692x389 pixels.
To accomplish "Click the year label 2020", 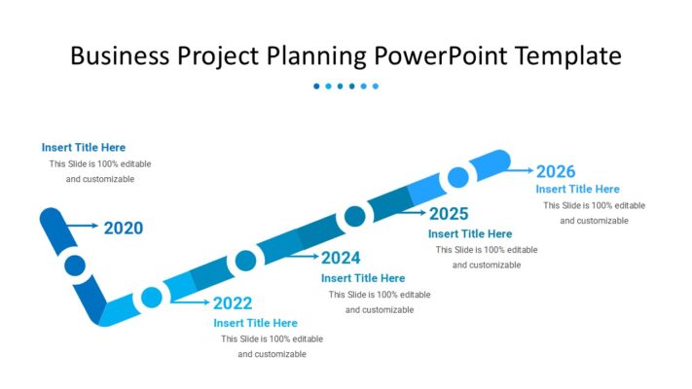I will (x=124, y=229).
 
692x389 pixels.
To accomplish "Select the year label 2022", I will (x=233, y=303).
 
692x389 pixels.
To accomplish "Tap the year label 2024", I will (x=341, y=258).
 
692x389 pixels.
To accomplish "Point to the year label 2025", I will (x=449, y=214).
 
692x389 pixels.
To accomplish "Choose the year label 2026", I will (x=556, y=171).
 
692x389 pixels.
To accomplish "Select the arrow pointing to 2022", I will (x=190, y=301).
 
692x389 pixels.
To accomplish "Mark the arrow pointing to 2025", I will (x=406, y=211).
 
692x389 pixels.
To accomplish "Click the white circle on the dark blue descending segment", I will (x=75, y=265).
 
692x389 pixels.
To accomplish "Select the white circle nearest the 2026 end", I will (x=457, y=178).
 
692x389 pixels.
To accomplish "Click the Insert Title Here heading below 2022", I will (x=256, y=323).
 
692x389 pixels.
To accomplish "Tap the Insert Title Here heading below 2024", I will (x=363, y=278).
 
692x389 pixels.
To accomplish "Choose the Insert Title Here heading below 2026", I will (x=577, y=189).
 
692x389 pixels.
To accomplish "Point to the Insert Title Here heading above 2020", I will (x=84, y=148).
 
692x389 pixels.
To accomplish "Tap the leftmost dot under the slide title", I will (x=316, y=87).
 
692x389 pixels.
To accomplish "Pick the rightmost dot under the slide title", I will (x=376, y=87).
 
